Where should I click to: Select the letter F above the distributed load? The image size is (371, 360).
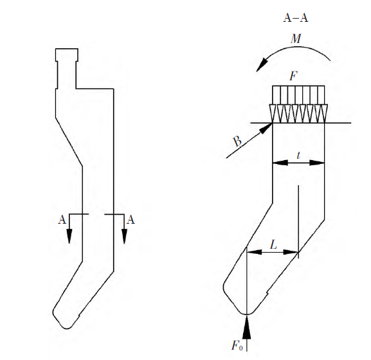pos(293,76)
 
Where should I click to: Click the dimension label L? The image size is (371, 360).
pos(273,244)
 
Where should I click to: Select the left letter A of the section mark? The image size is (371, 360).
pos(62,220)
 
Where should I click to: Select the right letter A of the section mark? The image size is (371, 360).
pos(131,220)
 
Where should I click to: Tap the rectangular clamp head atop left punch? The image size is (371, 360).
pos(66,55)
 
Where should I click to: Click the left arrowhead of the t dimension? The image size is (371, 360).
pos(277,163)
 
